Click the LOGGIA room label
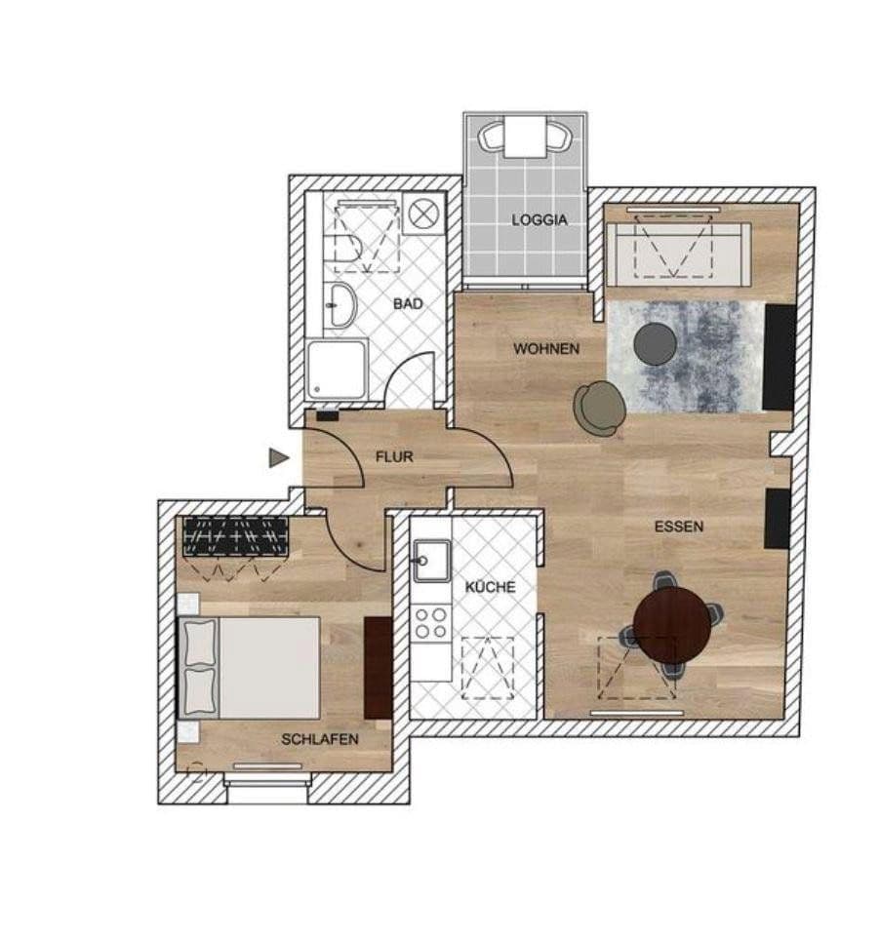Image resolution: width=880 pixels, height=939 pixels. [x=539, y=220]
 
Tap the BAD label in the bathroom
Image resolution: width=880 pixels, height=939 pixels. [x=408, y=304]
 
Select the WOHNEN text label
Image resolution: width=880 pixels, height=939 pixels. [x=546, y=348]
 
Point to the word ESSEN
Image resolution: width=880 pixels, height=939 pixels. [x=679, y=527]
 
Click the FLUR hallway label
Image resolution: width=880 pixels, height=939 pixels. [x=394, y=455]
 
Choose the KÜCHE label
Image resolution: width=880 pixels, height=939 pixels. [x=490, y=587]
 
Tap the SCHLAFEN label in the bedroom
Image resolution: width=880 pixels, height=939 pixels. [x=320, y=739]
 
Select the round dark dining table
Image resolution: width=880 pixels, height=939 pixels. [x=672, y=624]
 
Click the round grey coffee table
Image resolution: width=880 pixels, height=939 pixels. [x=655, y=344]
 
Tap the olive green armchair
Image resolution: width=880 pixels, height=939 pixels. [x=599, y=407]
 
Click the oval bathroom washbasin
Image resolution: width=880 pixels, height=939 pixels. [x=340, y=304]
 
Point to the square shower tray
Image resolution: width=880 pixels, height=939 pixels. [x=338, y=370]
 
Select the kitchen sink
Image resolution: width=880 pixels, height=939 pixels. [x=430, y=560]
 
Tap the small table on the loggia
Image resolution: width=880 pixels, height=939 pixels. [x=526, y=136]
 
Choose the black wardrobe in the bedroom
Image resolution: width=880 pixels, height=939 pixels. [x=236, y=536]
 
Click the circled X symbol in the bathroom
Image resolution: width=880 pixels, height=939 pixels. [x=423, y=215]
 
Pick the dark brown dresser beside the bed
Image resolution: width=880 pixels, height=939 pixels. [x=378, y=667]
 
